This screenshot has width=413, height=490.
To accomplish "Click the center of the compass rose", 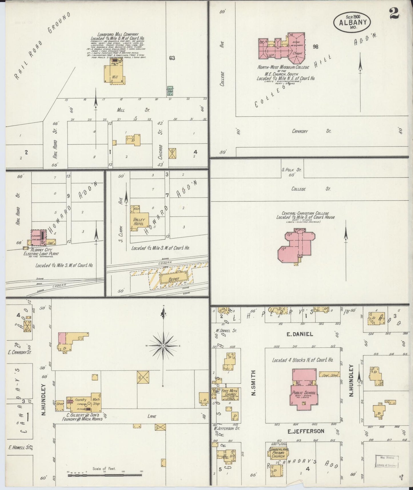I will tap(163, 346).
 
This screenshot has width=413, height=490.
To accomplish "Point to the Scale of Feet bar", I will tap(105, 475).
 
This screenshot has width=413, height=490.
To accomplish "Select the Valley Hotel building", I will tap(139, 222).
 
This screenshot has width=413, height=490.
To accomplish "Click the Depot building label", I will tap(173, 279).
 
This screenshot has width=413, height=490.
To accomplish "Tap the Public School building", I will tap(304, 393).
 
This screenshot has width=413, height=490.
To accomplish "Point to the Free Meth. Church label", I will tap(229, 394).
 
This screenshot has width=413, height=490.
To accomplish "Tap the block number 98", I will tap(315, 47).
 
